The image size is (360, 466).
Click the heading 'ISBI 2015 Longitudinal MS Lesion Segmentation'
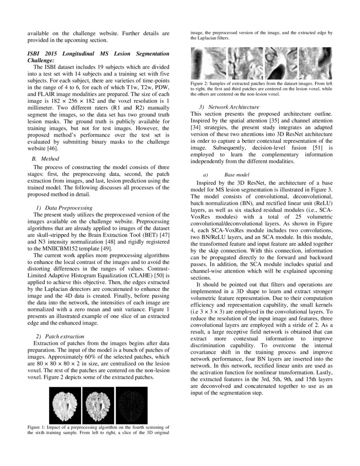click(98, 54)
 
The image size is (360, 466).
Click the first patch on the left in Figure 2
click(208, 62)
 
